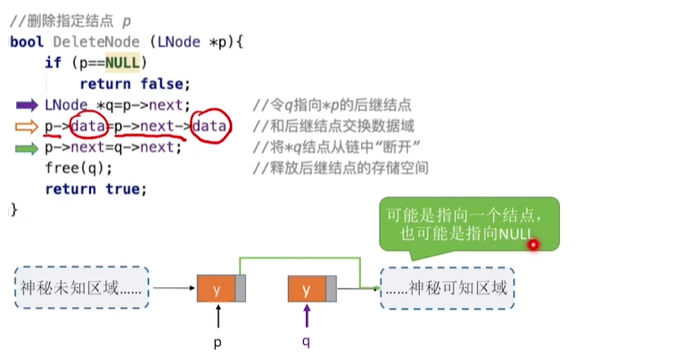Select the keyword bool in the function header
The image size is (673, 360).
coord(27,42)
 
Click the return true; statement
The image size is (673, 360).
coord(95,189)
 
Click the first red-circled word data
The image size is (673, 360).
coord(88,127)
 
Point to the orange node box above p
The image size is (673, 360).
coord(217,289)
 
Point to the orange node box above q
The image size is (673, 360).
coord(308,289)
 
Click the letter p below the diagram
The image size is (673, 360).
coord(217,341)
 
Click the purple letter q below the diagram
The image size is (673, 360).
coord(305,341)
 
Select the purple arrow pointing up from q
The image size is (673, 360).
coord(307,316)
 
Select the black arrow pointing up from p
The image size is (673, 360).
coord(217,316)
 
